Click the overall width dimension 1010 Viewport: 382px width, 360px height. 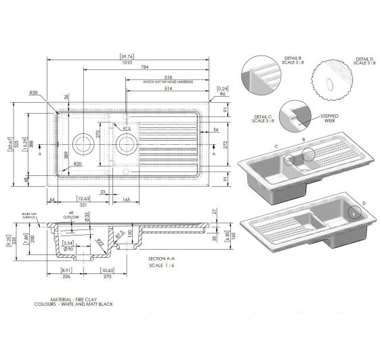point(124,62)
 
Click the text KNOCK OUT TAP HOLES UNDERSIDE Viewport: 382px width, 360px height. point(168,82)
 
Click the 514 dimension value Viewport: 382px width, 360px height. point(168,89)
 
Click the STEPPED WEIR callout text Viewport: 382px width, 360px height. point(330,118)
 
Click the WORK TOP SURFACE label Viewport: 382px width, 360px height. point(29,217)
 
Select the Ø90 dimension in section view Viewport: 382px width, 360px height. point(68,250)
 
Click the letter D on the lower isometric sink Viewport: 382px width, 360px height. point(364,204)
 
